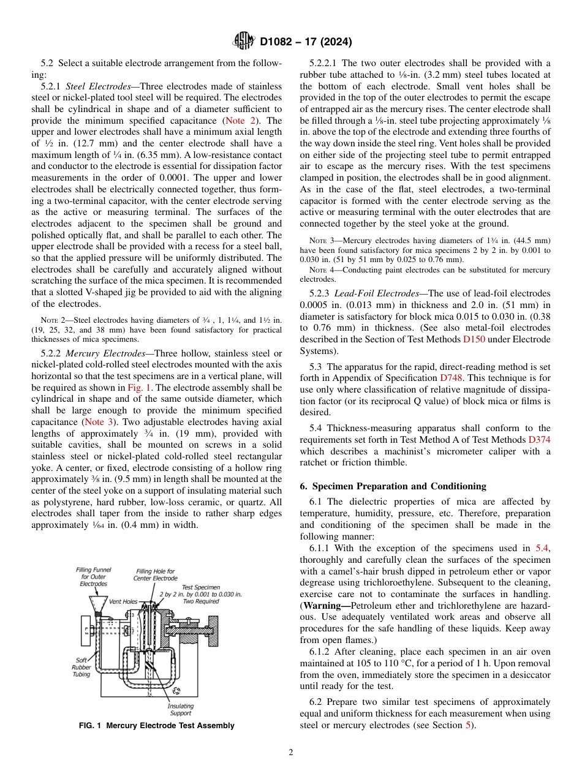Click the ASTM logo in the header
tap(245, 42)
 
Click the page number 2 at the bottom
tap(290, 753)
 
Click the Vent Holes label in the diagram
tap(123, 601)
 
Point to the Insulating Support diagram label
tap(180, 709)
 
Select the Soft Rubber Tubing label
tap(81, 668)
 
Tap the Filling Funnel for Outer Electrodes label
tap(93, 576)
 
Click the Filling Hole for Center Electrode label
tap(155, 574)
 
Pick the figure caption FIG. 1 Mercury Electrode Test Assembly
tap(157, 726)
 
